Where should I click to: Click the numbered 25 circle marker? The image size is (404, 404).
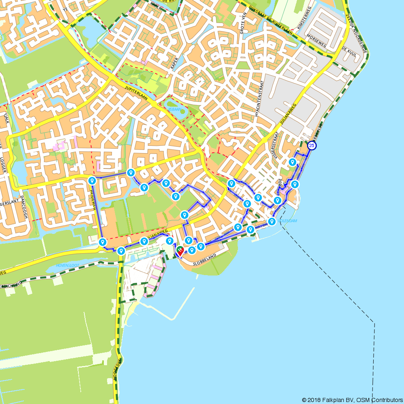311,145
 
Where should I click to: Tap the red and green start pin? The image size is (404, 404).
179,252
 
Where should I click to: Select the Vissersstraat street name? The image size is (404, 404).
275,147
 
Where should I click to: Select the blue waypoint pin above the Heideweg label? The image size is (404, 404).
92,180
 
